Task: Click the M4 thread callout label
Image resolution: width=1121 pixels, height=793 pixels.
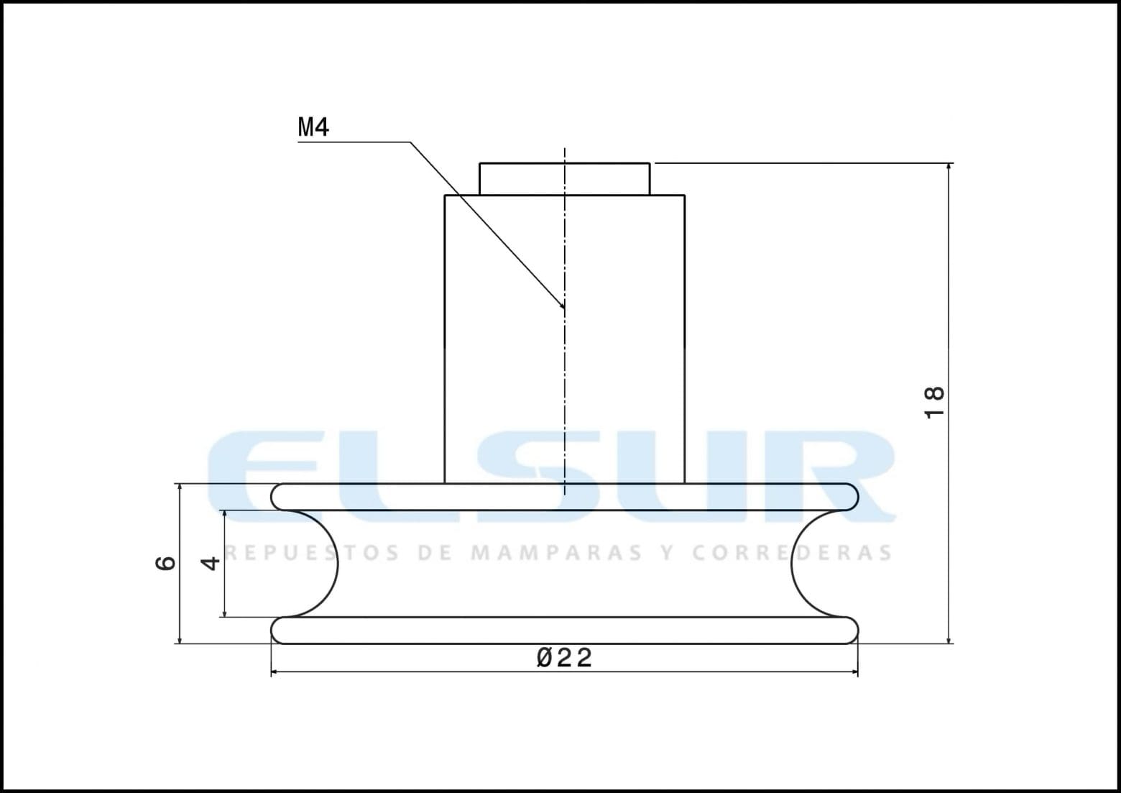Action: click(x=313, y=127)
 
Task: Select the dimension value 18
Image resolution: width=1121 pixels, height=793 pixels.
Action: click(x=933, y=403)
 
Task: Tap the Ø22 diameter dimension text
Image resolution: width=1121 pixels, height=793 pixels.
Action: click(x=564, y=657)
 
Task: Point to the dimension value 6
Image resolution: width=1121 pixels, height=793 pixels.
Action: click(x=165, y=563)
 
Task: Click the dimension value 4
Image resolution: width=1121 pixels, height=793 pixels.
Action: click(x=210, y=563)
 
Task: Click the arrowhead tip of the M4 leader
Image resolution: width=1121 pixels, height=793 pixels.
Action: click(x=563, y=308)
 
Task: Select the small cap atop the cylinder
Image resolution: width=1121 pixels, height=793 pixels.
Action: click(x=564, y=179)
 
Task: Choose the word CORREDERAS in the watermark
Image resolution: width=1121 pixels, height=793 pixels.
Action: click(x=792, y=552)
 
